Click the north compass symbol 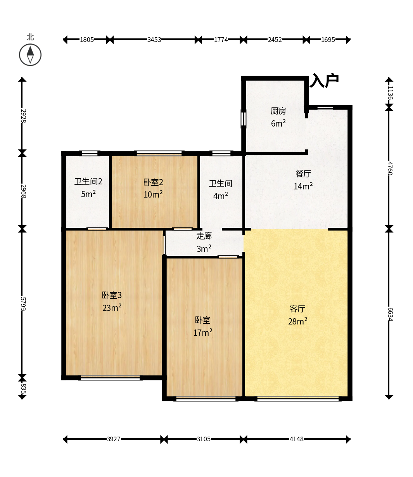[x=30, y=55]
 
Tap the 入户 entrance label [x=324, y=81]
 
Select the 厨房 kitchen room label [x=278, y=111]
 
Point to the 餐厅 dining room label [x=303, y=173]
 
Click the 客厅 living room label [x=297, y=309]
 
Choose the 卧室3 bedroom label [x=112, y=295]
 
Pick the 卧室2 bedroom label [x=153, y=182]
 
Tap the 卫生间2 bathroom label [x=88, y=181]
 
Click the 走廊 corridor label [x=204, y=236]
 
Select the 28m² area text [x=297, y=321]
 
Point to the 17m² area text [x=202, y=333]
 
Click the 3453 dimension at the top [x=154, y=40]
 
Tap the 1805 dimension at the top [x=87, y=40]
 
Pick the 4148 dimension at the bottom [x=297, y=439]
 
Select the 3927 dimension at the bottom [x=114, y=439]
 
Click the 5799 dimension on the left [x=22, y=304]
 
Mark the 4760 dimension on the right [x=390, y=168]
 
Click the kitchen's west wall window [x=244, y=119]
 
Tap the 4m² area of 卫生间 [x=220, y=196]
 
